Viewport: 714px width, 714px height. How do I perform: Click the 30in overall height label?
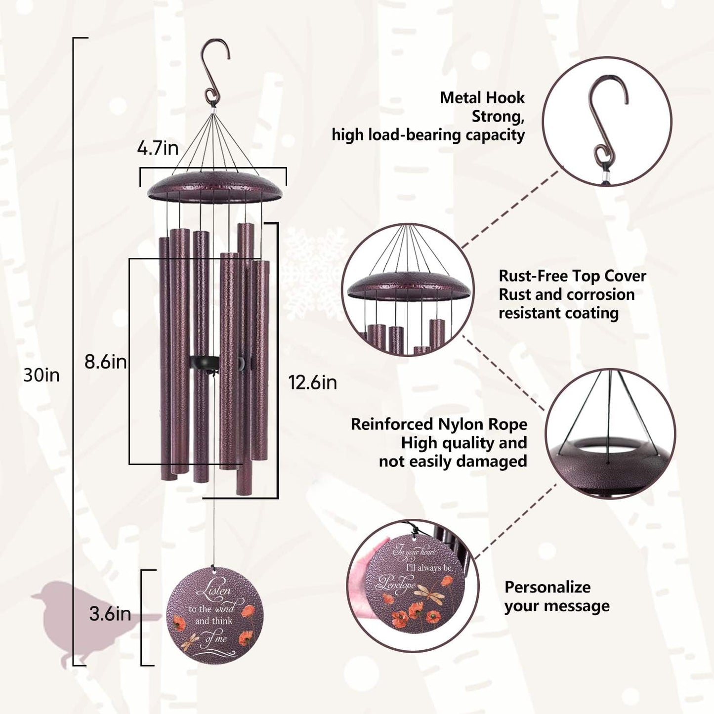(42, 376)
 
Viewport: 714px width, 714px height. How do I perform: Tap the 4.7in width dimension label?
(158, 148)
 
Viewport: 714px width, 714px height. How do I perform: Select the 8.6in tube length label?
(105, 362)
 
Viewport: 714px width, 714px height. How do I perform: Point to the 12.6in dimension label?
(313, 382)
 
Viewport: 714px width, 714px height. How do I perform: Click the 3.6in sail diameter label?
(110, 614)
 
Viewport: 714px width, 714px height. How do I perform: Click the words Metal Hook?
(482, 98)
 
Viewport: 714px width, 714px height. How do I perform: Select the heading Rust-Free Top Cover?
(572, 276)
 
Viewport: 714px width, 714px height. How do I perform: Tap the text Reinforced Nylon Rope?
(439, 424)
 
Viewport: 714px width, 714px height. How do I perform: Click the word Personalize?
(547, 587)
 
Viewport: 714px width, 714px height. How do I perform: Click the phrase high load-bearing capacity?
(428, 135)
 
